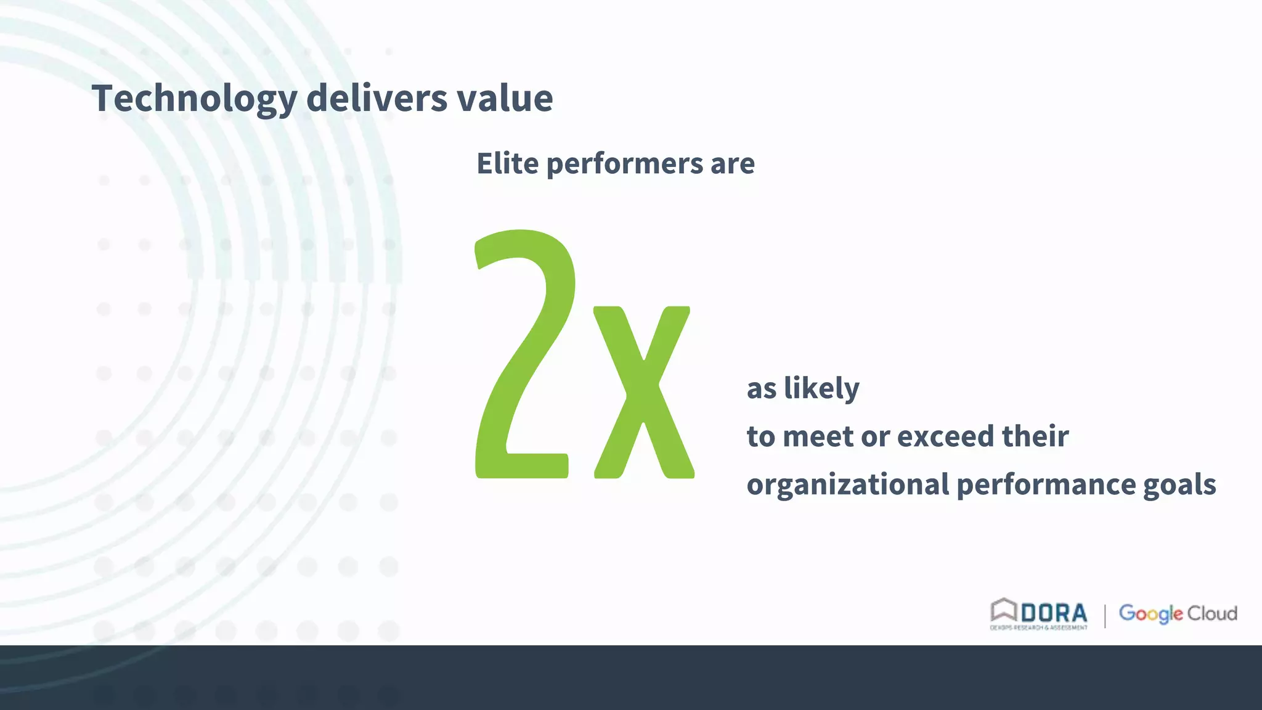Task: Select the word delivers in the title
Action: (x=377, y=99)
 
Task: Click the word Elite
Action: (x=507, y=163)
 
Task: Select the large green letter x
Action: (x=643, y=392)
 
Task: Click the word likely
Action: (x=821, y=389)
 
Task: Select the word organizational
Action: (x=848, y=484)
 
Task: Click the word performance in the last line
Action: (x=1046, y=484)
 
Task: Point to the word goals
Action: (x=1179, y=484)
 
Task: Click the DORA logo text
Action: (x=1054, y=613)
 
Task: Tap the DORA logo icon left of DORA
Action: (x=1003, y=611)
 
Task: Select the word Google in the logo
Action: (x=1150, y=613)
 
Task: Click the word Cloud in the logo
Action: (x=1212, y=613)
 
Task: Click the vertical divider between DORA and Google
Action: (x=1105, y=616)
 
